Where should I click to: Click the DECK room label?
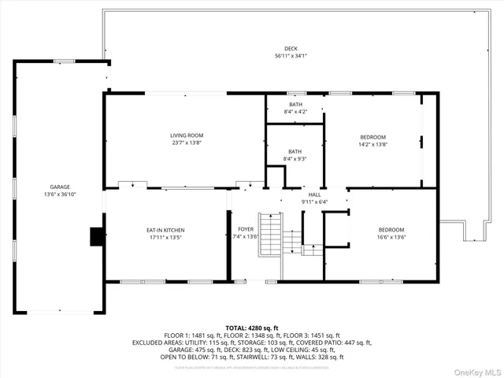coord(291,49)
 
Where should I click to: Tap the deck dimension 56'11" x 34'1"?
coord(291,56)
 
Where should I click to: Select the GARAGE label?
coord(60,187)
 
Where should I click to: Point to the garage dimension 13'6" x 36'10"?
coord(60,194)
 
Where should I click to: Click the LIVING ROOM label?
coord(187,135)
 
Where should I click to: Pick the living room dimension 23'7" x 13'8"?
coord(187,143)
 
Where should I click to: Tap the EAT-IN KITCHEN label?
coord(165,229)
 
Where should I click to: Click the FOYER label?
coord(246,229)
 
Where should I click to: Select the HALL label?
coord(314,195)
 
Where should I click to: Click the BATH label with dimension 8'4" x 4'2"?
coord(295,105)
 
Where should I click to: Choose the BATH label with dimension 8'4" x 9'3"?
coord(295,152)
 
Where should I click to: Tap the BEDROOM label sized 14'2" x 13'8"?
coord(372,137)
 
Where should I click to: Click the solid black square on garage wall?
coord(96,235)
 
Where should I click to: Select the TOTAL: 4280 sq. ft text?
coord(251,328)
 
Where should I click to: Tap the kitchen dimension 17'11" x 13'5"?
coord(165,236)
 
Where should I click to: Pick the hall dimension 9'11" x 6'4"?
coord(314,202)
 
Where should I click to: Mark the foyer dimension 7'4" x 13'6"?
coord(246,236)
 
